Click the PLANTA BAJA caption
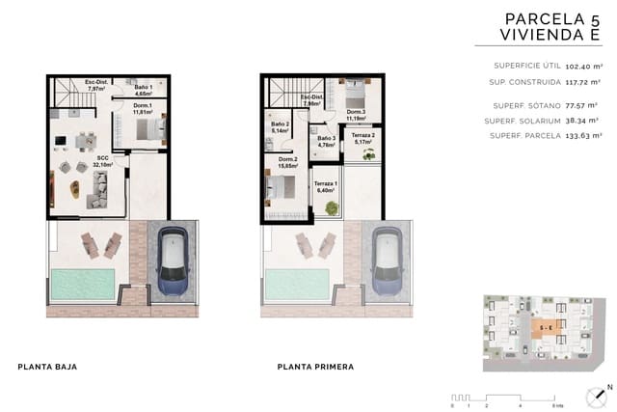click(x=47, y=367)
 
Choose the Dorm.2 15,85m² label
click(x=287, y=163)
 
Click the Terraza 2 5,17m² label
click(x=363, y=140)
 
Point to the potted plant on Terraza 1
click(x=332, y=207)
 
